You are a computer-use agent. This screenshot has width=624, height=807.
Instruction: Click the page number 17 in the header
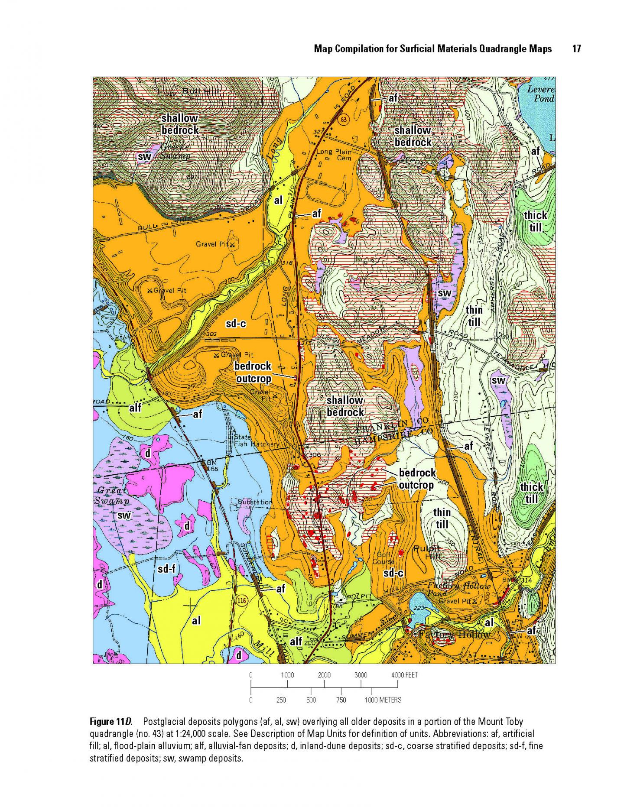click(576, 49)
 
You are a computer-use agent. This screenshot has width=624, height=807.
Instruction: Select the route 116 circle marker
click(242, 600)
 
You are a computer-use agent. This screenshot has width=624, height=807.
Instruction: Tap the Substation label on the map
click(255, 502)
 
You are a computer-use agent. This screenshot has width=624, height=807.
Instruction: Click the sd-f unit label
click(166, 568)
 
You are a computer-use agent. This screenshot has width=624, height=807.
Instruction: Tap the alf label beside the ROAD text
click(135, 408)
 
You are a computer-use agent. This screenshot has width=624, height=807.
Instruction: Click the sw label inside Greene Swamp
click(143, 156)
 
